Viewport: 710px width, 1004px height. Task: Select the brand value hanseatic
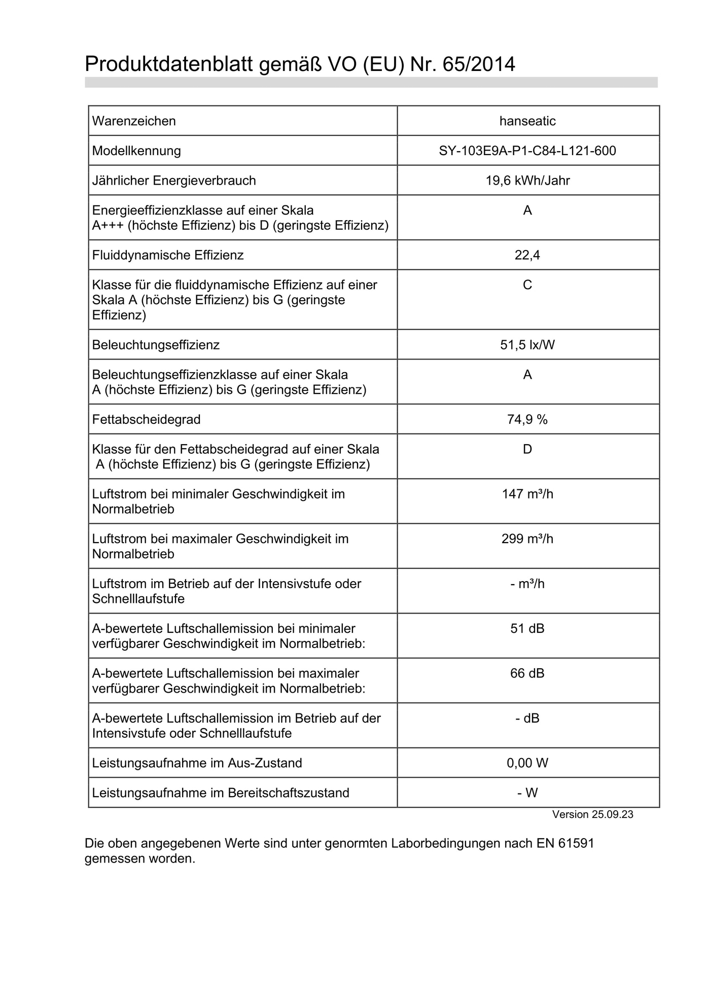coord(527,121)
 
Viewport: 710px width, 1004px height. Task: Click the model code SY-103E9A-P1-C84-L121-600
coord(527,151)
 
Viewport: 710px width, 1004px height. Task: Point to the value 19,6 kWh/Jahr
coord(527,181)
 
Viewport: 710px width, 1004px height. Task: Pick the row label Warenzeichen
coord(134,121)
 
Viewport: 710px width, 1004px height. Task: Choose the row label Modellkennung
coord(136,151)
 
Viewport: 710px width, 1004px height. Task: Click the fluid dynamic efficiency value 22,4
coord(527,255)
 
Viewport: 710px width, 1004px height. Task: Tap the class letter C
coord(527,285)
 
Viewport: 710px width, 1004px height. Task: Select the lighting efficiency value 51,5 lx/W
coord(527,345)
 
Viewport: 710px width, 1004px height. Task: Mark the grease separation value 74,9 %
coord(527,419)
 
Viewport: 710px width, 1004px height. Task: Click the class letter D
coord(527,449)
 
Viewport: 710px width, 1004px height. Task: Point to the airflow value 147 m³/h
coord(527,494)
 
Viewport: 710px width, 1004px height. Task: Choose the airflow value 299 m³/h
coord(527,539)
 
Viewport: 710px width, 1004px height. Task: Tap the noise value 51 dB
coord(527,629)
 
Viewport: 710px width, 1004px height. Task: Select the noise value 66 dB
coord(527,673)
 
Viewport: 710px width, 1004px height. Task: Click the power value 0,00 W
coord(527,763)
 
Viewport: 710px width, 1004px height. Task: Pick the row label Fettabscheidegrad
coord(146,419)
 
